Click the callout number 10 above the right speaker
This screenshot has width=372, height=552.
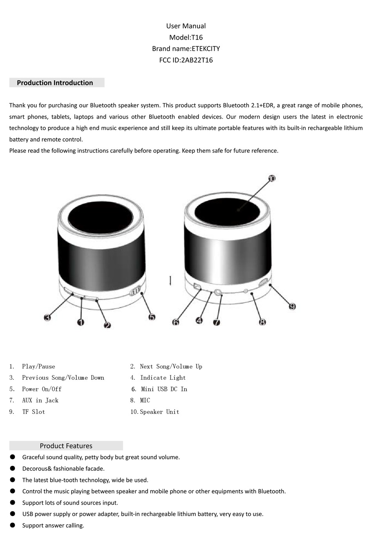point(272,179)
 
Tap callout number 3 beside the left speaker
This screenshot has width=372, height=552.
point(47,317)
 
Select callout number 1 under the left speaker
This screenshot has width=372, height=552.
point(81,322)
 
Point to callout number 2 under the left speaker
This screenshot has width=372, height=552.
point(107,325)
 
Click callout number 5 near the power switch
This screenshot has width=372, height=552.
point(152,317)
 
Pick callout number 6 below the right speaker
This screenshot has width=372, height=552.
point(176,322)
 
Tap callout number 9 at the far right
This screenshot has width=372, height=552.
point(292,306)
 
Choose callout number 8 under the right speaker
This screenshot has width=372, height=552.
point(262,322)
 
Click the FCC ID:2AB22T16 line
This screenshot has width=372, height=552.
point(186,60)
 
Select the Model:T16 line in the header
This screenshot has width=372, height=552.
point(186,38)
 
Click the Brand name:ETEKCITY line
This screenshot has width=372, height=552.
point(186,49)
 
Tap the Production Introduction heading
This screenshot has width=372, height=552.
point(55,83)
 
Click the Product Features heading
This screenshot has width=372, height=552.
point(66,446)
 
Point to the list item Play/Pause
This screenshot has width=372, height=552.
point(38,366)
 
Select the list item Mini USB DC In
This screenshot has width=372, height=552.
point(164,389)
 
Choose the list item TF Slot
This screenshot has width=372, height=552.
point(33,412)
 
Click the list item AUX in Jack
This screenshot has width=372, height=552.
point(40,400)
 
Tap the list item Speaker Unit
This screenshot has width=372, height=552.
point(159,412)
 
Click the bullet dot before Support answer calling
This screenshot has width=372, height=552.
point(13,525)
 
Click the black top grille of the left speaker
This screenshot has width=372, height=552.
point(101,219)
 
